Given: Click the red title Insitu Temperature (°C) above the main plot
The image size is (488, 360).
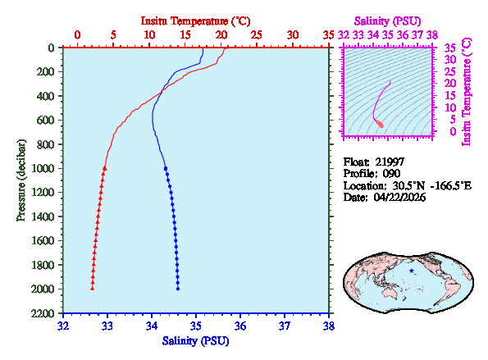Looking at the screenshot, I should (196, 20).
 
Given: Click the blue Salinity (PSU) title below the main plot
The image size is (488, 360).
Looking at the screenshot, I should (196, 340).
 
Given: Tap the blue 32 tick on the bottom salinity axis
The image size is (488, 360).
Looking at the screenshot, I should (63, 326).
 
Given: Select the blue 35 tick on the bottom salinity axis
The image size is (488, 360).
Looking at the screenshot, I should (196, 326).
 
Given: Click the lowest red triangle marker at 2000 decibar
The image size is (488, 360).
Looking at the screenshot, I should (92, 288).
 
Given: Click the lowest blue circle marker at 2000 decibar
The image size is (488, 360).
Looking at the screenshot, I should (178, 288).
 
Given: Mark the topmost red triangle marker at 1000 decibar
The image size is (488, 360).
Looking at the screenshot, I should (105, 168).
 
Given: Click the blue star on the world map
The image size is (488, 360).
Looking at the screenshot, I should (412, 270).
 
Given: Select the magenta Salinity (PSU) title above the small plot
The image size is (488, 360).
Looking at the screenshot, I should (390, 20).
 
